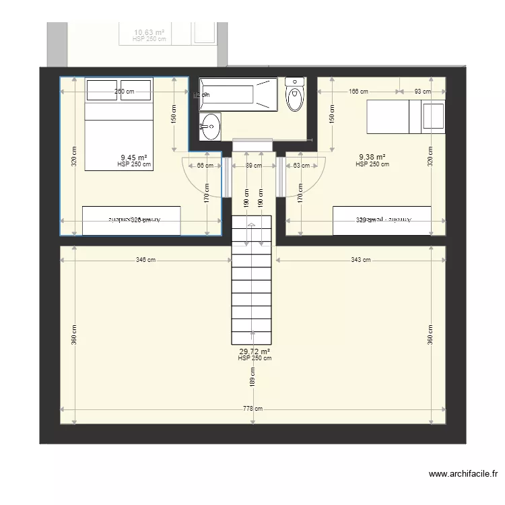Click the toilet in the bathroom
(x=295, y=95)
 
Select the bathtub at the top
(x=238, y=94)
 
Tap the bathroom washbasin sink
(x=210, y=125)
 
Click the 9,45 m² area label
(x=134, y=158)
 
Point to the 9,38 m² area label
(x=372, y=158)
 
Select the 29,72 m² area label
(x=255, y=351)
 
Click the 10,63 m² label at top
(x=149, y=32)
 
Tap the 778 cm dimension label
(x=253, y=409)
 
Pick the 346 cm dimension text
(x=145, y=259)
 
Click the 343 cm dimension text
(x=361, y=259)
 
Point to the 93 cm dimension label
(x=422, y=91)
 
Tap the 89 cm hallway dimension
(x=253, y=166)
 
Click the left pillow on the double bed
(x=102, y=90)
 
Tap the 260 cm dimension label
(x=124, y=91)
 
